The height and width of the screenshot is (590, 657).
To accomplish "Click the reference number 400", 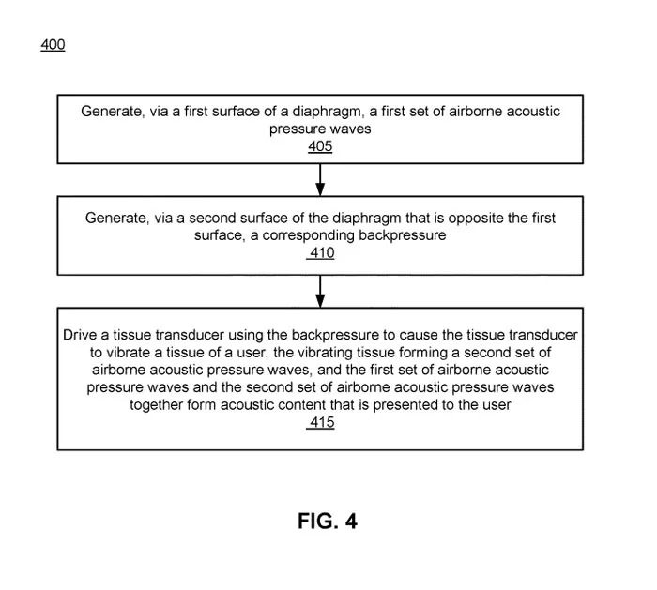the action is coord(53,44).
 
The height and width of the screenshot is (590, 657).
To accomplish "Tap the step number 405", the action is coord(320,146).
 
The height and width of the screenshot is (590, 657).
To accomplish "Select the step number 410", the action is coord(321,253).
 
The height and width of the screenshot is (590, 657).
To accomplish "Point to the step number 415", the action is coord(321,422).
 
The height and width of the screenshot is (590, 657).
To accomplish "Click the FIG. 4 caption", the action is coord(328,521).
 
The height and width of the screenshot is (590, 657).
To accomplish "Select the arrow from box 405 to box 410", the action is coord(320,180).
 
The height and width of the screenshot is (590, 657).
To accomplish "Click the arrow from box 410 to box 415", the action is coord(320,291).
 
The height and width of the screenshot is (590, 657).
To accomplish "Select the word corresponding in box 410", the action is coord(309,235).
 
